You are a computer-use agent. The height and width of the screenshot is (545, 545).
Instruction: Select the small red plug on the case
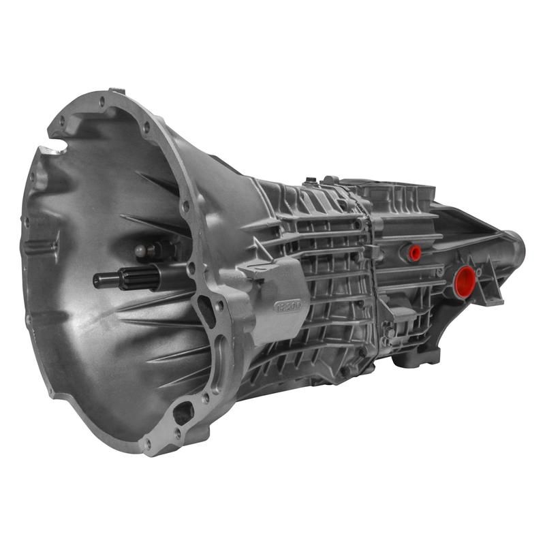coord(414,253)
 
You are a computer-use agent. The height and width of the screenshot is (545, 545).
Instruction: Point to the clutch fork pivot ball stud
coord(141,251)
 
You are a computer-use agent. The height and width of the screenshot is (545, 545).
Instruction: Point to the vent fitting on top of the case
coord(311,181)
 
